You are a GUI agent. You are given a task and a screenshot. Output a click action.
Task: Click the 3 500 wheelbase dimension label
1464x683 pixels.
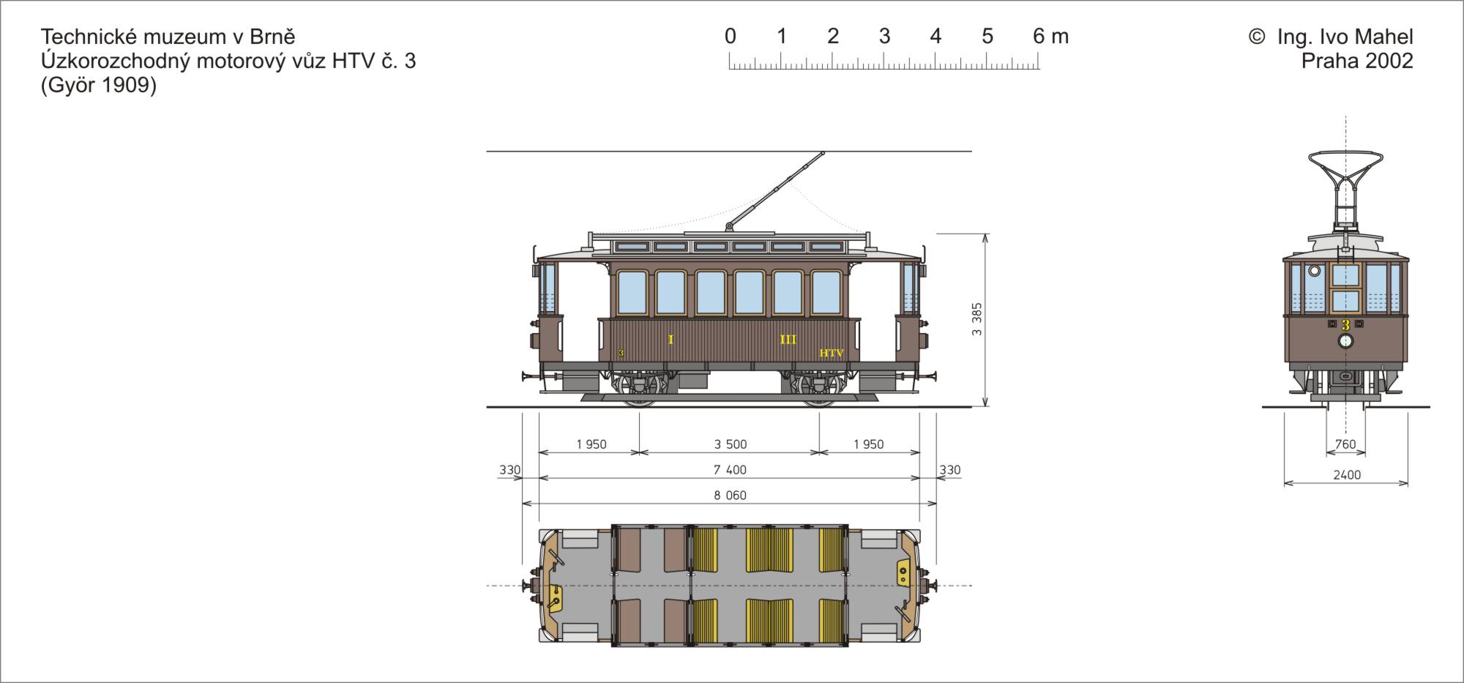coord(731,444)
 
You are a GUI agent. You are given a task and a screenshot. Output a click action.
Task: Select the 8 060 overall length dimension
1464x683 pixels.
coord(731,496)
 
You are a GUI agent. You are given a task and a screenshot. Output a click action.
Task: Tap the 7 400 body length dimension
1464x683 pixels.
coord(731,470)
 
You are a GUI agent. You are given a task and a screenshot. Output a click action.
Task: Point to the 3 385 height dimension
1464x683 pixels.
coord(977,319)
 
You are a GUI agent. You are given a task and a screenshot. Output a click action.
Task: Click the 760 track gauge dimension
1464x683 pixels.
coord(1345,444)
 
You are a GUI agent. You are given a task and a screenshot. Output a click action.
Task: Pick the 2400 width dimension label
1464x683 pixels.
coord(1347,475)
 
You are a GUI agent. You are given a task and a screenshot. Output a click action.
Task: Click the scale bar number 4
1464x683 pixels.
coord(935,36)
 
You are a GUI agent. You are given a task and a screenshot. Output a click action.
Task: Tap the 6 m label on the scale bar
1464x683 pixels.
coord(1051,36)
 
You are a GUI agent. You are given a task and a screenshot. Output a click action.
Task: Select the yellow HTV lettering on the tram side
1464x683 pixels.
coord(832,354)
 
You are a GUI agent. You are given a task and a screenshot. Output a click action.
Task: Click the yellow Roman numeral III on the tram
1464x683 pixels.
coord(788,340)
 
